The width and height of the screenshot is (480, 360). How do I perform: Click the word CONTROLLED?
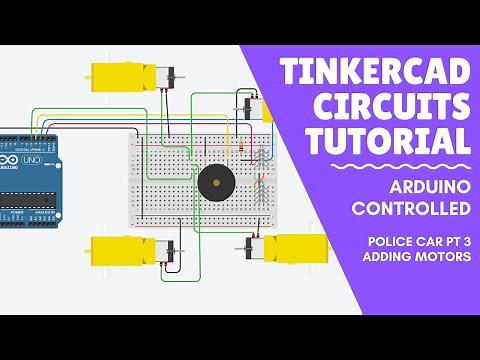point(411,209)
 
